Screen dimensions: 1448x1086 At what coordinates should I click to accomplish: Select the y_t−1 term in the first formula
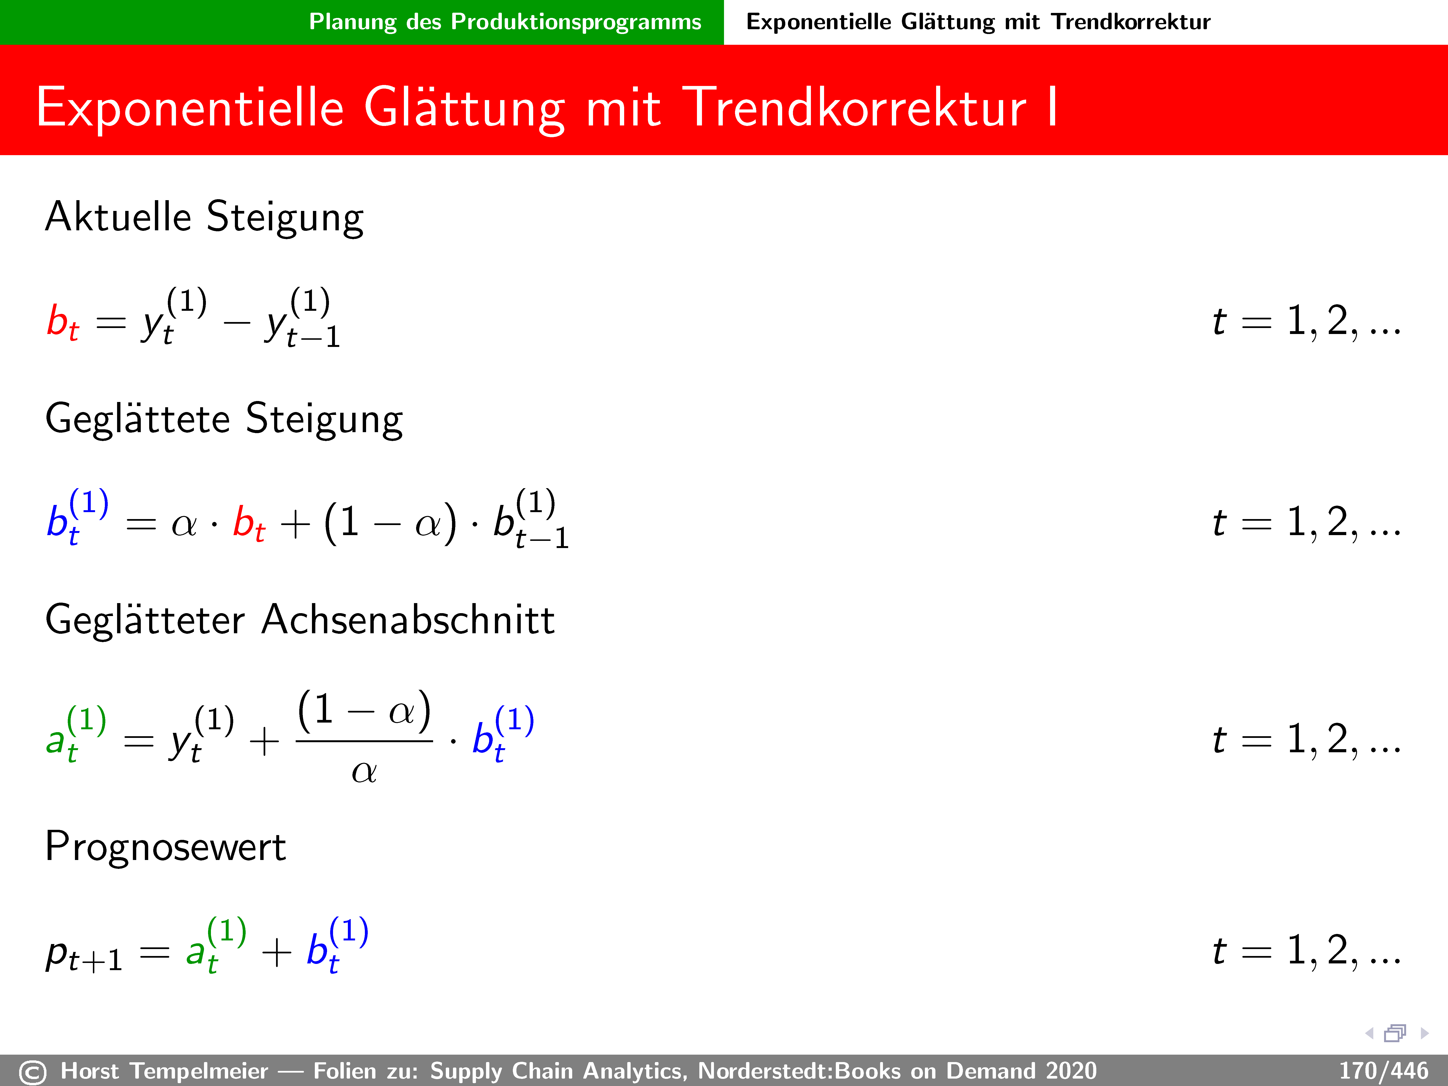[302, 317]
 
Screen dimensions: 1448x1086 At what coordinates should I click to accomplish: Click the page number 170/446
[1383, 1071]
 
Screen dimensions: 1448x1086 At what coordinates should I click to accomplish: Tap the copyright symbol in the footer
[33, 1072]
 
